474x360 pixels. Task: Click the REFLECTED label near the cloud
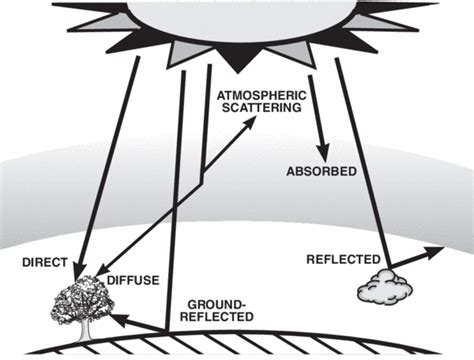[340, 260]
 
